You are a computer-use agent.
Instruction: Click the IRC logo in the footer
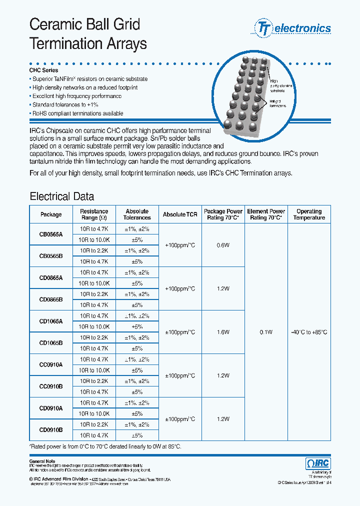[x=317, y=463]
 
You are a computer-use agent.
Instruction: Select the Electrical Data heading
[x=61, y=196]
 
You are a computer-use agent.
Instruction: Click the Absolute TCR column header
[x=180, y=214]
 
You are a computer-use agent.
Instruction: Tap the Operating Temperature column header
[x=309, y=214]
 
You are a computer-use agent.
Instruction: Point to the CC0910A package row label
[x=51, y=365]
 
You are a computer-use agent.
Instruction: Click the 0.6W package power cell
[x=223, y=245]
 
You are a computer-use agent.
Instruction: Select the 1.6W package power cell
[x=223, y=332]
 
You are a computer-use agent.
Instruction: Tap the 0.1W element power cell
[x=266, y=332]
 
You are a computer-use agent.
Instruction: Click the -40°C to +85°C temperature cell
[x=309, y=332]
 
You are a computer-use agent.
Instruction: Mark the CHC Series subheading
[x=44, y=70]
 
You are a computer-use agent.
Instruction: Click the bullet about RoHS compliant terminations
[x=77, y=113]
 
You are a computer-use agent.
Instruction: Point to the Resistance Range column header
[x=94, y=214]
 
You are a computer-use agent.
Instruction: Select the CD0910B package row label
[x=51, y=429]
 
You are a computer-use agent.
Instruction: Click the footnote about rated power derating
[x=105, y=446]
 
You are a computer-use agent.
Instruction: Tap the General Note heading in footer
[x=42, y=461]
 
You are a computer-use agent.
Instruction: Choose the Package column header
[x=51, y=214]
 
